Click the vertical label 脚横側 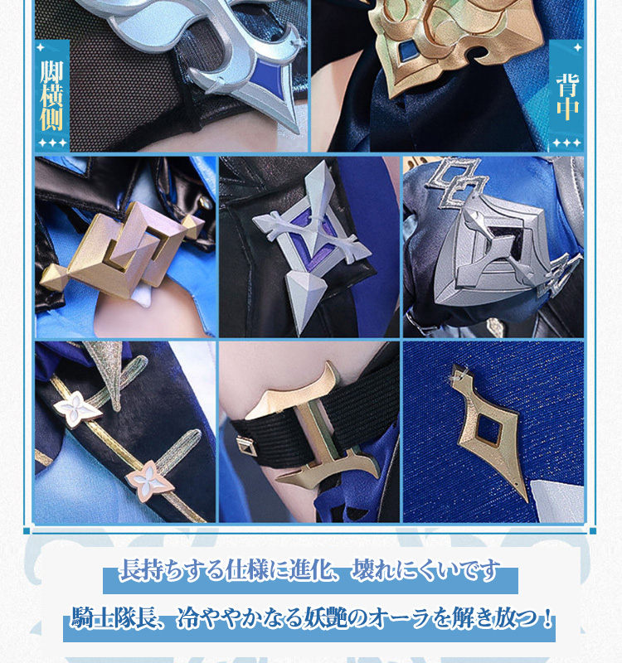pyautogui.click(x=51, y=95)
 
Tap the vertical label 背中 pyautogui.click(x=566, y=97)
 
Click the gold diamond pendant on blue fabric pyautogui.click(x=491, y=431)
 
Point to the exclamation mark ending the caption pyautogui.click(x=548, y=617)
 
